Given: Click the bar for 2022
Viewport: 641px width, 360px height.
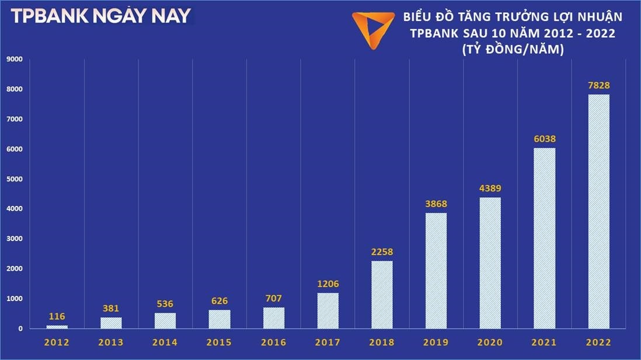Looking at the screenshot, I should coord(598,211).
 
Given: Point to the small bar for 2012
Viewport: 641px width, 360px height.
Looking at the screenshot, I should coord(57,327).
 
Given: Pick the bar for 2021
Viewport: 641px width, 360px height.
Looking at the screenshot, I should coord(545,238).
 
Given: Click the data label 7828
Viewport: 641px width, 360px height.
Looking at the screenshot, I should coord(598,86).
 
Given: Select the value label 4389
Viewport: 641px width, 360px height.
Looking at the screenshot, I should coord(490,188).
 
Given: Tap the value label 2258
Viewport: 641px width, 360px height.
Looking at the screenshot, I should coord(382,252).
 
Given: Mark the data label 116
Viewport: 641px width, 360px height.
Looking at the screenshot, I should coord(57,316).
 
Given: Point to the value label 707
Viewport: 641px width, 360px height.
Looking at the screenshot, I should coord(274,298).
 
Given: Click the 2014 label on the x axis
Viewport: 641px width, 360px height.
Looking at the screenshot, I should coord(165,342).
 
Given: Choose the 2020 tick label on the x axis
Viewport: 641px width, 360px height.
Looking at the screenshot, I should coord(490,342).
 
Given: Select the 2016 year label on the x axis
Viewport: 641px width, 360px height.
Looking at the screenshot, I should coord(274,342).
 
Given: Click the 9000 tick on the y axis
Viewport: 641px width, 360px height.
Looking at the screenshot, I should coord(14,59).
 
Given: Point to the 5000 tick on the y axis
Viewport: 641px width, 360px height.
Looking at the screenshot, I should coord(14,179).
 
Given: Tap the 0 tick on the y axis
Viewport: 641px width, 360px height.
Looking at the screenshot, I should coord(20,328).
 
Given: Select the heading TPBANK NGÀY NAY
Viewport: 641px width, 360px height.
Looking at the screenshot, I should coord(100,16).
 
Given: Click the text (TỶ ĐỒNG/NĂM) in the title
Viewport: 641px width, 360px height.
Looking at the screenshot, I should coord(512,50).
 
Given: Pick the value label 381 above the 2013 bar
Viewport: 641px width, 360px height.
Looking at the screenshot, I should coord(111,308).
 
